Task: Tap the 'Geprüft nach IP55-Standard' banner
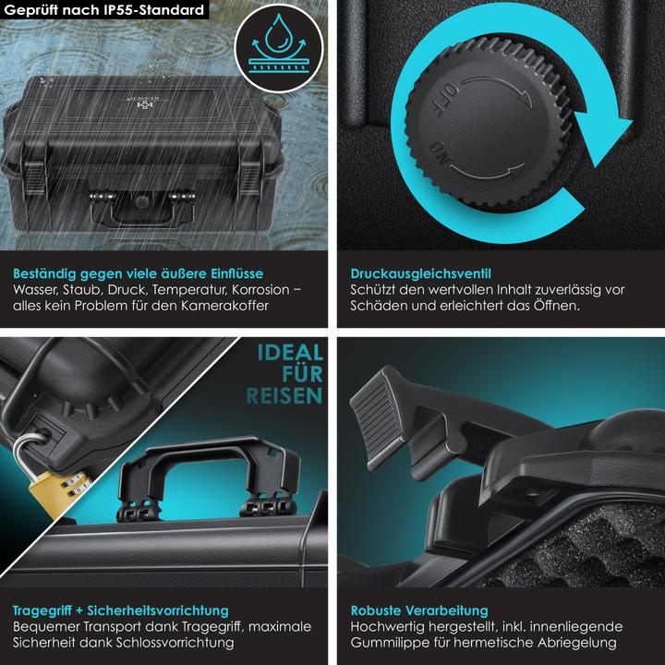[x=103, y=10]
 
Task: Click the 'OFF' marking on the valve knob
[x=445, y=100]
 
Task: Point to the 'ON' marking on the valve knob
[x=441, y=153]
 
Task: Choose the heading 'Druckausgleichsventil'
[x=421, y=273]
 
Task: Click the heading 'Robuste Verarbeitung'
[x=419, y=611]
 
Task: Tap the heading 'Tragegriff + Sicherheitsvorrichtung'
[x=120, y=611]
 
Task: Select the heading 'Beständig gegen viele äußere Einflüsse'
[x=139, y=273]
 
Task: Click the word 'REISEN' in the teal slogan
[x=284, y=396]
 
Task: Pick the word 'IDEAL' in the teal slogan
[x=290, y=353]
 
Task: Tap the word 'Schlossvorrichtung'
[x=175, y=643]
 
